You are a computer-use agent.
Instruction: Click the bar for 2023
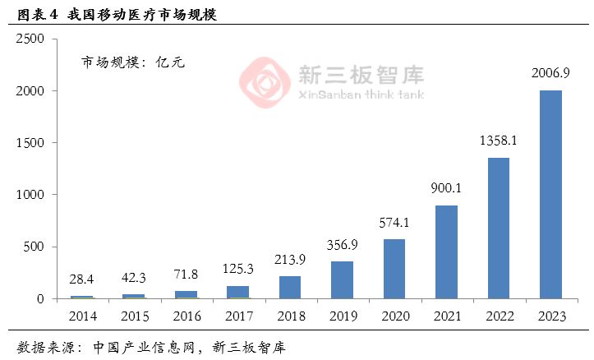click(x=550, y=194)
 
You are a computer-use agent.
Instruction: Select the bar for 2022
click(x=499, y=228)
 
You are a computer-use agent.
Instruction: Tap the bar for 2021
click(x=446, y=252)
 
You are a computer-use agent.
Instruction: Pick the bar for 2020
click(x=394, y=269)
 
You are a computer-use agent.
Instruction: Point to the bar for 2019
click(x=343, y=280)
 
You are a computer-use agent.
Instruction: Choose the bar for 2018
click(x=290, y=288)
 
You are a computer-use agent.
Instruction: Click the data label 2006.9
click(x=550, y=74)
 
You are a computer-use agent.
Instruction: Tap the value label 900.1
click(x=446, y=188)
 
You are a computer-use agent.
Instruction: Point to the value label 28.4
click(x=82, y=279)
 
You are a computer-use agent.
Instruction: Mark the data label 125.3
click(x=238, y=269)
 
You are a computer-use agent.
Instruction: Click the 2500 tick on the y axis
click(x=30, y=39)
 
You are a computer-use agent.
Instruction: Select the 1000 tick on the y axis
click(x=30, y=195)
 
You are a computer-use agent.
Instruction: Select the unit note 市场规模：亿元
click(x=132, y=62)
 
